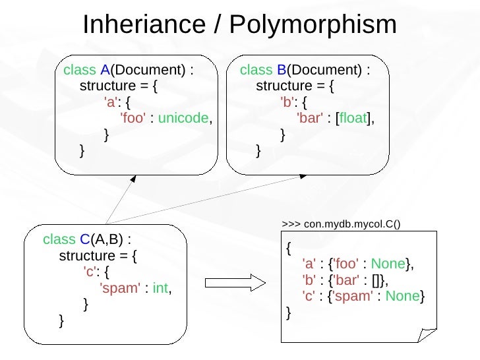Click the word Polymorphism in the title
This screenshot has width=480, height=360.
313,25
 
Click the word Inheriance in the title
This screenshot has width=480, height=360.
144,25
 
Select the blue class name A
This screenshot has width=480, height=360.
105,71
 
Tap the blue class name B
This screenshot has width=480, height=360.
282,71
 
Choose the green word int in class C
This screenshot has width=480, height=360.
160,287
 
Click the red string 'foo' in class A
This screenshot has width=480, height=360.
133,119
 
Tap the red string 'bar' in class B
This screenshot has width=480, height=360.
309,119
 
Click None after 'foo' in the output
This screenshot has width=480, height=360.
388,264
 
